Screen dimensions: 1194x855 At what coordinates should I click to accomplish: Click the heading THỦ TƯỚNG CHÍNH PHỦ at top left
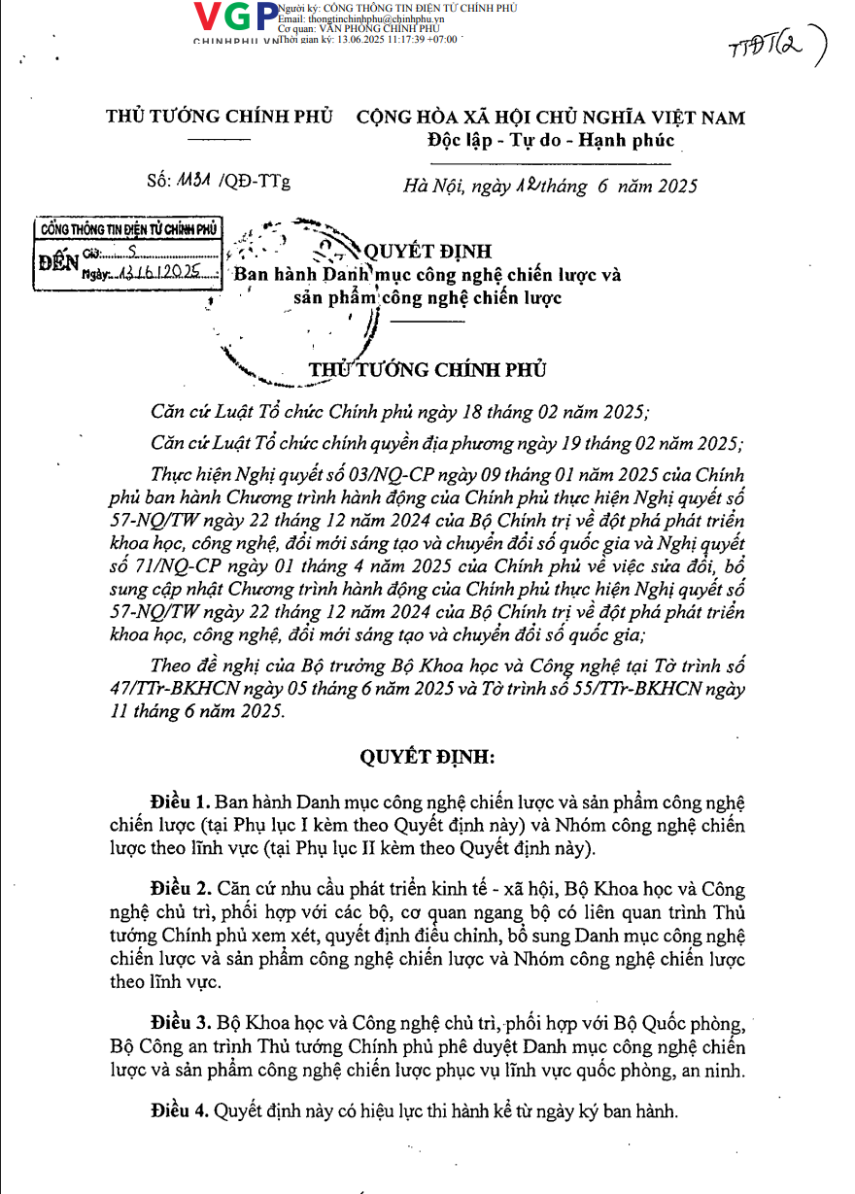pos(220,117)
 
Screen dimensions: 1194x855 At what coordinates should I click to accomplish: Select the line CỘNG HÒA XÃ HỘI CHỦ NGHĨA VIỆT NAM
pos(551,118)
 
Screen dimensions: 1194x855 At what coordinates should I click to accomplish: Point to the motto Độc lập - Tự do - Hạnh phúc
pos(551,140)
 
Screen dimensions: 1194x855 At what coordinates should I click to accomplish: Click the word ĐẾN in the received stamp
pos(57,262)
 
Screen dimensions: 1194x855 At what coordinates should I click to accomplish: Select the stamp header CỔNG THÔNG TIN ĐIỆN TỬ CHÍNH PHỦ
pos(127,230)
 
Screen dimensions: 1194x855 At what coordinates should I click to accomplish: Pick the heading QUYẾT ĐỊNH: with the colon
pos(428,756)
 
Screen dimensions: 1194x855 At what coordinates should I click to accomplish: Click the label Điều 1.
pos(181,802)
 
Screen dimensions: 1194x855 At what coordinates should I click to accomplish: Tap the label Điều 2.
pos(181,888)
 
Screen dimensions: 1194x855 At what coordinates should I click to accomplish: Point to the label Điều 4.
pos(181,1109)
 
